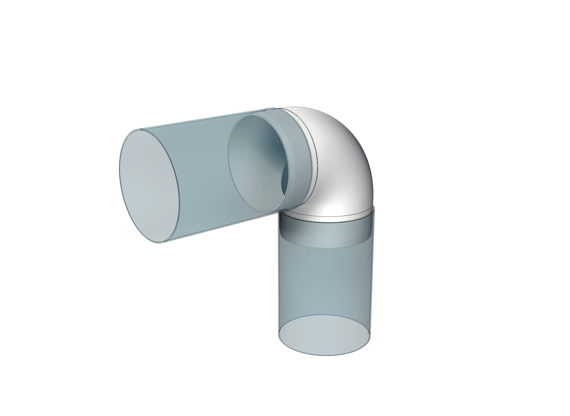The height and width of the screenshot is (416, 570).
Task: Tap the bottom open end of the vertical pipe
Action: [x=324, y=336]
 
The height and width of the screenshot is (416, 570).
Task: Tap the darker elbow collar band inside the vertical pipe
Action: [x=326, y=233]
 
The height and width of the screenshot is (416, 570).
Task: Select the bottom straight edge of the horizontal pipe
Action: [x=218, y=228]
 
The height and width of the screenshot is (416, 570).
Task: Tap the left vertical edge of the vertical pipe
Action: [x=278, y=281]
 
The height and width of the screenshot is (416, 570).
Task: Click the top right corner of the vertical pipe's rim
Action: [x=373, y=206]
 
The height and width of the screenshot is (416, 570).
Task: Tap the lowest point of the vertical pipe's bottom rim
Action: [x=324, y=356]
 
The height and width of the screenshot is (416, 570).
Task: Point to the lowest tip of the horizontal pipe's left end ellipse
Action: [x=160, y=243]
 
